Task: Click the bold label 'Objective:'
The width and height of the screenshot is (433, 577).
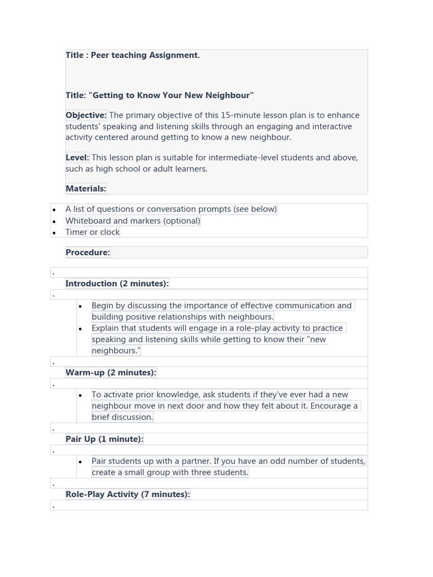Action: [86, 115]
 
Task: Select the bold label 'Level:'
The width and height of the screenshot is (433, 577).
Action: [77, 157]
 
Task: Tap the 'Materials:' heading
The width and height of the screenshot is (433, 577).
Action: [86, 188]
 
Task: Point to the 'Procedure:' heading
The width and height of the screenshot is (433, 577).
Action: [87, 252]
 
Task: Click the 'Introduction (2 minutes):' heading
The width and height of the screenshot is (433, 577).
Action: [117, 283]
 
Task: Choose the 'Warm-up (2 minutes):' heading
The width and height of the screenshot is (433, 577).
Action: [111, 372]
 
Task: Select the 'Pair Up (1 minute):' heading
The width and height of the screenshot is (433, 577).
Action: [104, 439]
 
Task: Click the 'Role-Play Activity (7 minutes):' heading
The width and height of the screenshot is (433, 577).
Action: [127, 494]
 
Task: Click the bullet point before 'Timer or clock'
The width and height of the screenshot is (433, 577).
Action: [54, 233]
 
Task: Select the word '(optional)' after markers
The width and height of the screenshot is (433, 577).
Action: [182, 221]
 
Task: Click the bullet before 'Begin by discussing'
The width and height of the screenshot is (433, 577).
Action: [81, 307]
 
